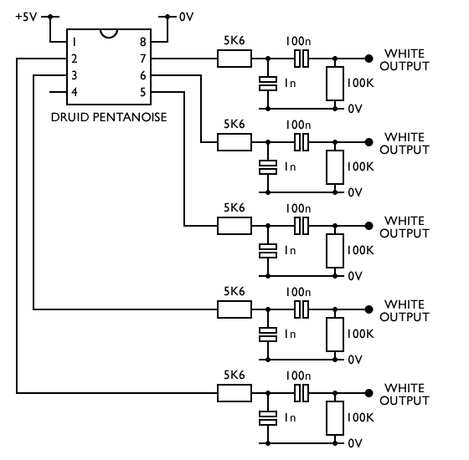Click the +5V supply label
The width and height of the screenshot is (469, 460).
coord(26,17)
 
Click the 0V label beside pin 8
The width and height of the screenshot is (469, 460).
coord(186,17)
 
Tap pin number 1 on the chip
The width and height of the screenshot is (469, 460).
coord(75,42)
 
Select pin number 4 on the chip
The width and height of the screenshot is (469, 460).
coord(75,92)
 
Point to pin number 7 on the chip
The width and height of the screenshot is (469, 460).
coord(143,59)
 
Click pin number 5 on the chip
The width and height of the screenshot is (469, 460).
coord(143,92)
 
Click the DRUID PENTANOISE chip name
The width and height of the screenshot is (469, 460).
coord(109,117)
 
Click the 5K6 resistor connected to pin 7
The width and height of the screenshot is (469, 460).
coord(234,59)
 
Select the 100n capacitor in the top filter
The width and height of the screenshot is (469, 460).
coord(301,59)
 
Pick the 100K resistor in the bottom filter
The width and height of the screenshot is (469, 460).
coord(335,418)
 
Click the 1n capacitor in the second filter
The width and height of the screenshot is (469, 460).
coord(268,167)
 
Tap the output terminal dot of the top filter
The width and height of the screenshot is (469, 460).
coord(368,59)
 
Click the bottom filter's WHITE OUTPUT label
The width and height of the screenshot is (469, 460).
coord(405,394)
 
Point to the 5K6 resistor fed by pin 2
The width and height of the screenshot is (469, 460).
coord(234,393)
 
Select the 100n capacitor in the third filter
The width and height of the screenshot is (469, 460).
coord(301,226)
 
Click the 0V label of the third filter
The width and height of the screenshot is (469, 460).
coord(355,276)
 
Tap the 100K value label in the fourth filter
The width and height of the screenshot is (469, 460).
coord(360,334)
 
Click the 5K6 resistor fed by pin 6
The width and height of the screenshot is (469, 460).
coord(234,142)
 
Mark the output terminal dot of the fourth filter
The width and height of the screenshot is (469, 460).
coord(368,309)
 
